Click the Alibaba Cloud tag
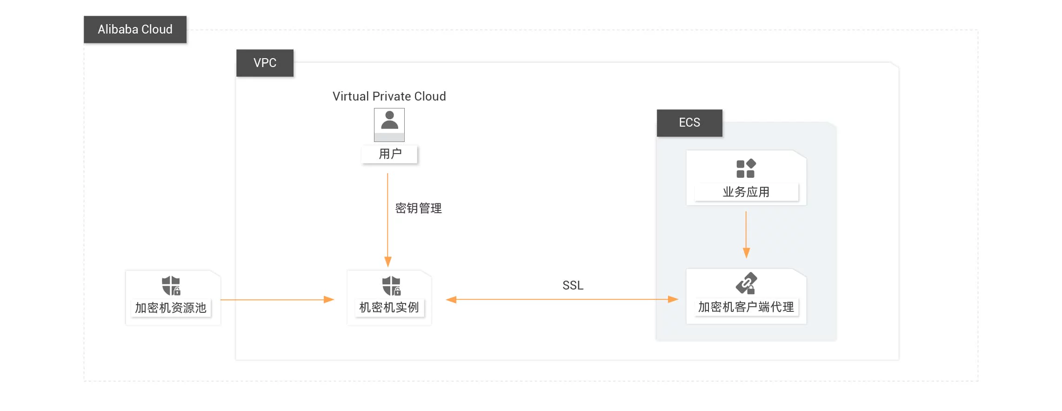pos(135,29)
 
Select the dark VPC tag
pos(265,63)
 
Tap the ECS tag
pos(689,122)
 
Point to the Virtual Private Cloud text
pos(389,96)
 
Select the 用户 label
pos(390,154)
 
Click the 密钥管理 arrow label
pos(418,208)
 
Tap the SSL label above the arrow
pos(573,285)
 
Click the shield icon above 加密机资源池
pos(171,285)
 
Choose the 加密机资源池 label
pos(171,308)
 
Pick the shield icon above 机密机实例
pos(391,285)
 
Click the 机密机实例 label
pos(389,307)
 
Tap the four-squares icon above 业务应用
pos(746,168)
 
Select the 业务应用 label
pos(746,192)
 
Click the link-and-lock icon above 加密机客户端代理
pos(746,283)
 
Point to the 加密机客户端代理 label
pos(746,307)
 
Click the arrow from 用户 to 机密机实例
pos(387,219)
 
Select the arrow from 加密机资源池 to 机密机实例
pos(277,300)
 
